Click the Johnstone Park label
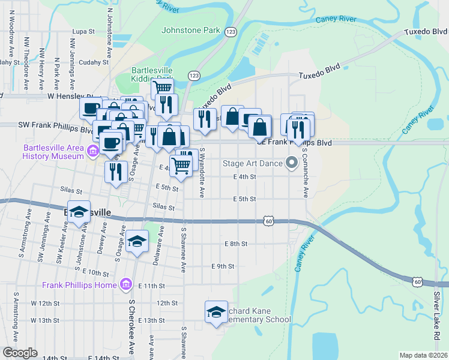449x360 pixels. pos(190,29)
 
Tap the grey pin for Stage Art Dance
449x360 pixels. pos(292,163)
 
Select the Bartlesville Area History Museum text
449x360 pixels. pos(53,152)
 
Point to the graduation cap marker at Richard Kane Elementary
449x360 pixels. pos(216,312)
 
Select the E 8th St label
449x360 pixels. pos(236,244)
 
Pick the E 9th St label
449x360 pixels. pos(222,266)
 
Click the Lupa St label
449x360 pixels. pos(83,31)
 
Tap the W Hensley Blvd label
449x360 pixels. pos(66,96)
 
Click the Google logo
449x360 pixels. pos(20,353)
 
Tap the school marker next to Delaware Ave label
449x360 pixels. pos(137,242)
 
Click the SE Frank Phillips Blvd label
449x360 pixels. pos(294,143)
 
